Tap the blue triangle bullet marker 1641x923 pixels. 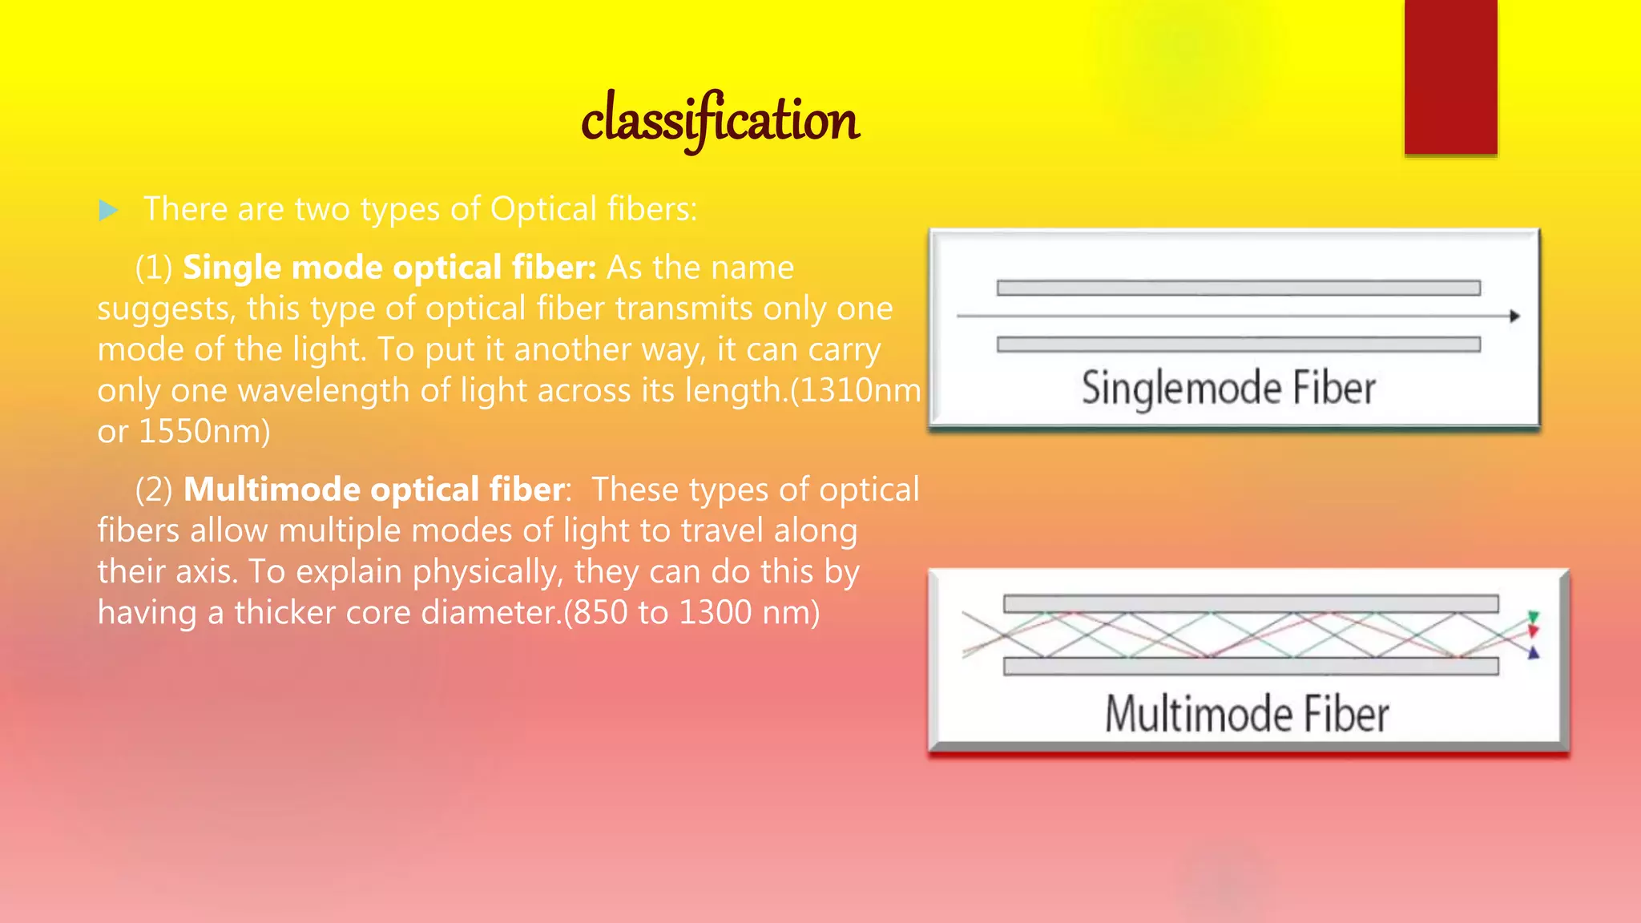pos(108,211)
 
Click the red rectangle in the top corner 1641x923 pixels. pos(1450,76)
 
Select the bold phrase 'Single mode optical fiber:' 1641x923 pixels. pos(389,268)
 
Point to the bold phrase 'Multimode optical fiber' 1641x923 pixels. pos(374,490)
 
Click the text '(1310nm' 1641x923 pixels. pos(856,391)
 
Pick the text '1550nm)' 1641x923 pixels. pos(204,432)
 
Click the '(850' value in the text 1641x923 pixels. pos(597,613)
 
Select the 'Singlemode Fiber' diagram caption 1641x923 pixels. pos(1228,389)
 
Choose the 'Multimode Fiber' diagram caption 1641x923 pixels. pos(1247,714)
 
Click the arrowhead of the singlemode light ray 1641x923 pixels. pos(1514,316)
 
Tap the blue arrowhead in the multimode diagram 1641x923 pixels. pos(1534,654)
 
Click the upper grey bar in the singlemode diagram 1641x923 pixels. pos(1238,288)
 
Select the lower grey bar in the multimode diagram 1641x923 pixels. pos(1250,667)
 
